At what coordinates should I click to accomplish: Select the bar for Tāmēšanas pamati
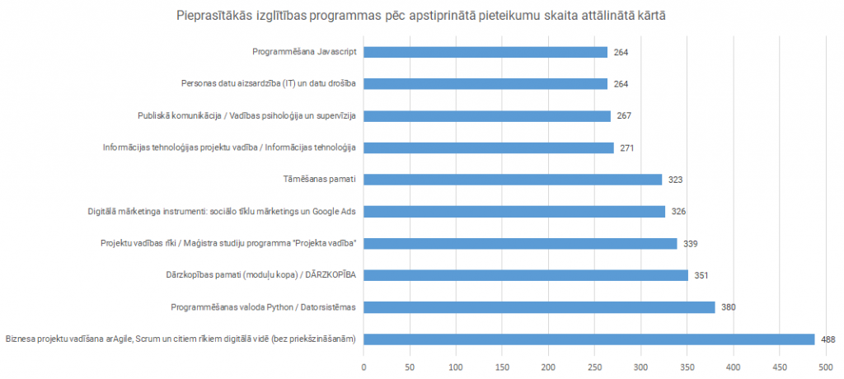click(512, 180)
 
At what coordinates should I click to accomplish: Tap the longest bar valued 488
click(588, 339)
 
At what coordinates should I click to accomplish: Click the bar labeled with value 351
click(525, 275)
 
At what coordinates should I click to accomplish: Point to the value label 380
click(729, 307)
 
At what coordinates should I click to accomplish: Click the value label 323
click(676, 180)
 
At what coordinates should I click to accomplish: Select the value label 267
click(624, 116)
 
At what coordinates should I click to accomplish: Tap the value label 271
click(627, 148)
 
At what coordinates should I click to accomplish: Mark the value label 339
click(691, 244)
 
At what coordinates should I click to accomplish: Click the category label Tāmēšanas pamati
click(318, 180)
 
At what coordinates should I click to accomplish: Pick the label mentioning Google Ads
click(222, 212)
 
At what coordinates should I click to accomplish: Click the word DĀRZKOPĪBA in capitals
click(328, 275)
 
